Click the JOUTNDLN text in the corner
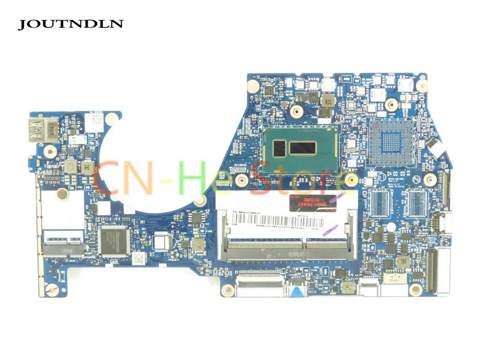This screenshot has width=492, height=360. pyautogui.click(x=71, y=24)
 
